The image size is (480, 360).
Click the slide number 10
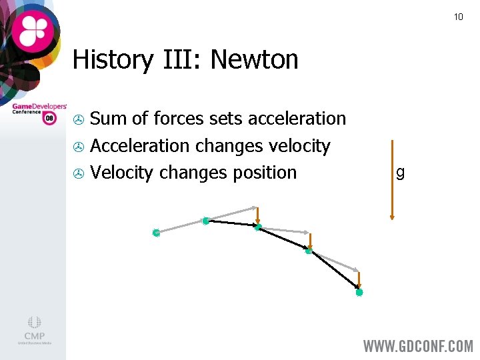click(x=458, y=17)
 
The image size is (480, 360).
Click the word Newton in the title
click(x=254, y=61)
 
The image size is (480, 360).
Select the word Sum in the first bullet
click(x=109, y=119)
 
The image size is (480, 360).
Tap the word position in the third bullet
click(x=265, y=173)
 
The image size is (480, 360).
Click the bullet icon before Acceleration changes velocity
click(x=78, y=147)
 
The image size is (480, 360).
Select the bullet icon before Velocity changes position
click(x=78, y=173)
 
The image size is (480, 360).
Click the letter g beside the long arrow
click(x=400, y=173)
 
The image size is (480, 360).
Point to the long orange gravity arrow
click(x=392, y=180)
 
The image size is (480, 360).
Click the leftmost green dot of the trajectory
click(x=155, y=233)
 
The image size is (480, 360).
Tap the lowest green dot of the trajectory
click(x=359, y=292)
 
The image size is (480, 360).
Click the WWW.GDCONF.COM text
click(x=418, y=347)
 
